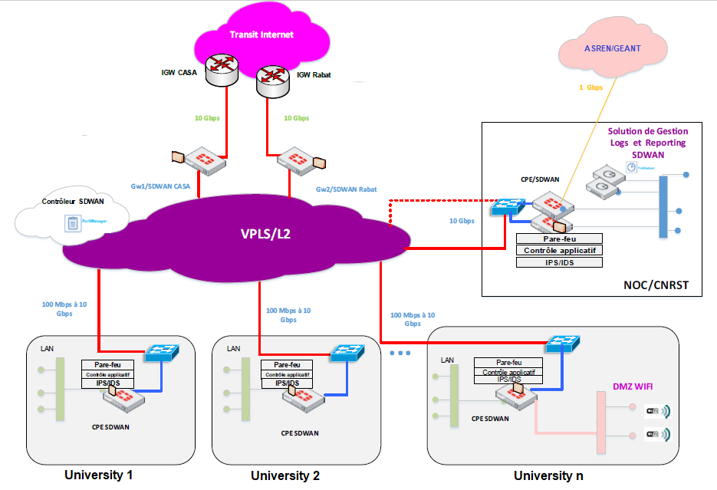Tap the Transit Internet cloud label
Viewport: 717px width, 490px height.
(261, 35)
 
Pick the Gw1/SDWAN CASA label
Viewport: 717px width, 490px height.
(162, 186)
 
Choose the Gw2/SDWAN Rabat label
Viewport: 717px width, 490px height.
(346, 189)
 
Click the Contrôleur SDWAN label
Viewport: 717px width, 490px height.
(73, 201)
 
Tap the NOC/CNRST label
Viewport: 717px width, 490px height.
(656, 285)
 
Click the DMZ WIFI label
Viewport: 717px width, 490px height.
(633, 385)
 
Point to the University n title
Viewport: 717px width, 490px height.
(548, 475)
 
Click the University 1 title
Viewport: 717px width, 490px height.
(99, 474)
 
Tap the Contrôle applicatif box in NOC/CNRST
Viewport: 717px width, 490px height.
(559, 250)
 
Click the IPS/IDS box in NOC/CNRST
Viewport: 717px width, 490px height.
(559, 262)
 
